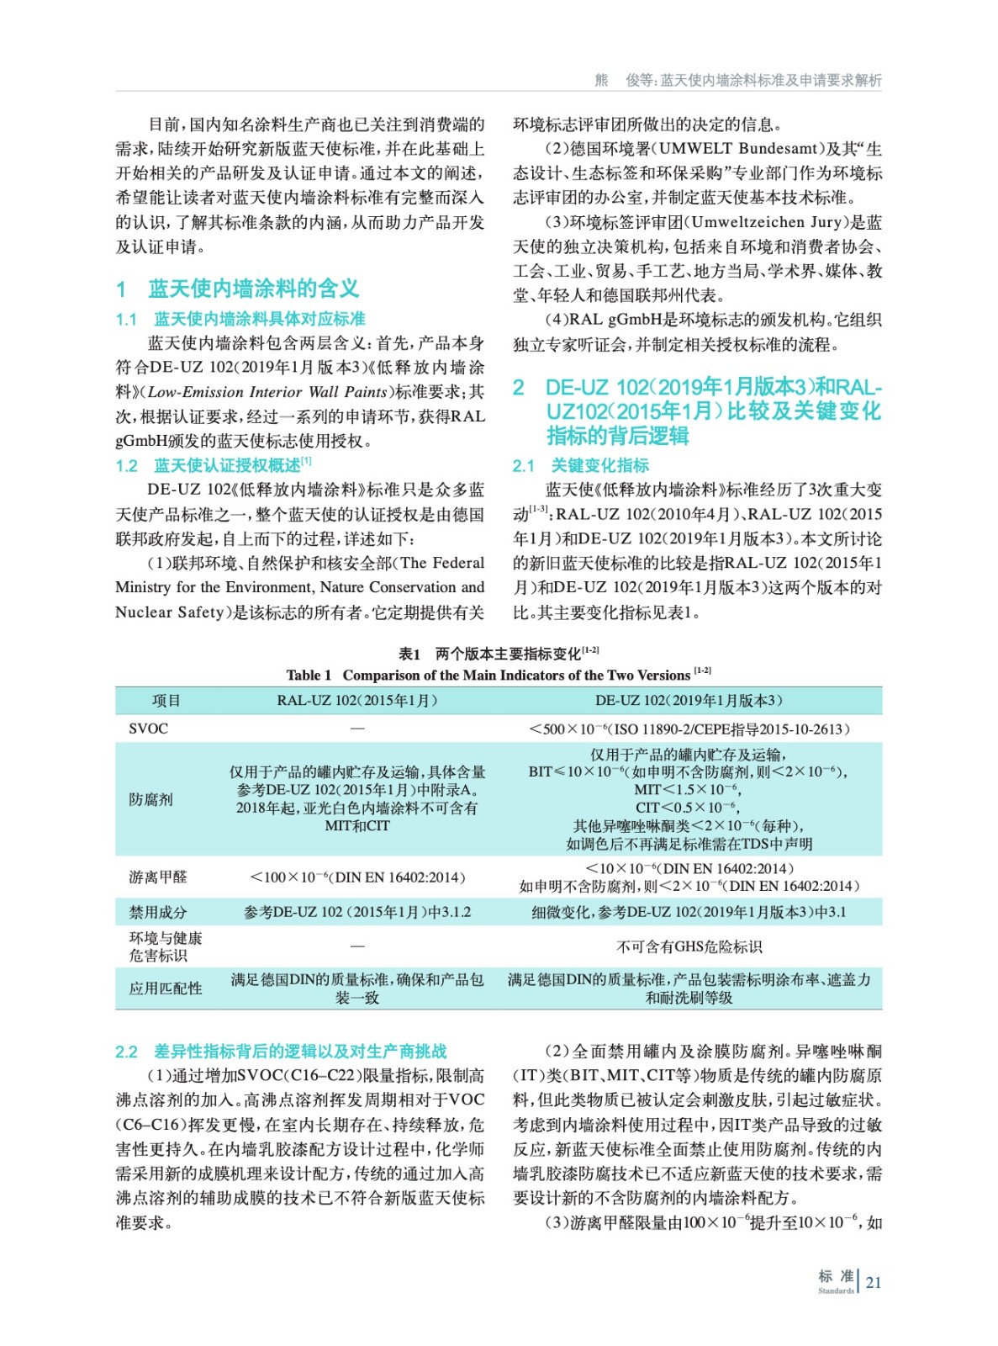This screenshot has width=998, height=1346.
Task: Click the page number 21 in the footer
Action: click(x=874, y=1283)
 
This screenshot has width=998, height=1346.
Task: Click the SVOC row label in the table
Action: click(x=148, y=729)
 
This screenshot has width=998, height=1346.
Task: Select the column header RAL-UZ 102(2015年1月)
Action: click(x=357, y=701)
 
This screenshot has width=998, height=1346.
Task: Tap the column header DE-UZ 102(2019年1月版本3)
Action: click(x=689, y=701)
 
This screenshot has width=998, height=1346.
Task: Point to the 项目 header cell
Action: click(x=166, y=701)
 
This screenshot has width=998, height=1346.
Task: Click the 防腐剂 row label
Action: click(x=150, y=799)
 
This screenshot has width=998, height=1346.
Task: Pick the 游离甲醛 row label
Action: click(x=158, y=877)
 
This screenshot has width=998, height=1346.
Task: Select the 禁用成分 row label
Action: click(x=158, y=913)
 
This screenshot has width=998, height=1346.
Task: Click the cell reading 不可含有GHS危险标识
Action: click(x=689, y=947)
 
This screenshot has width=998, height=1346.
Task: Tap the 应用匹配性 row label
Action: click(x=166, y=988)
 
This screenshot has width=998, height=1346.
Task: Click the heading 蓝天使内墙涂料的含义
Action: click(x=253, y=289)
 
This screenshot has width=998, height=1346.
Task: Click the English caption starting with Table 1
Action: click(x=498, y=675)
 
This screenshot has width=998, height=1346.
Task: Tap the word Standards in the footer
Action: click(x=835, y=1290)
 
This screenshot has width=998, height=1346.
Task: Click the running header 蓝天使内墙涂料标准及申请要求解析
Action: click(x=771, y=80)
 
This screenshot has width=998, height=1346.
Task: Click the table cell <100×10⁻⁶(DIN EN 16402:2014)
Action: click(x=357, y=877)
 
